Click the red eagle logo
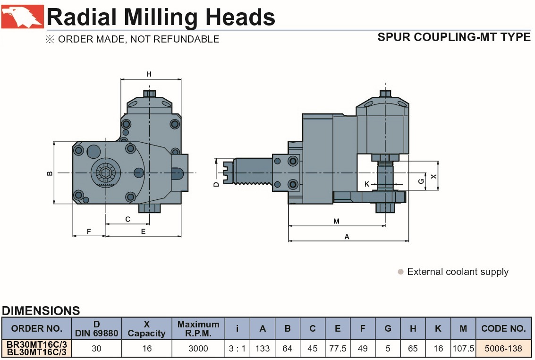(23, 17)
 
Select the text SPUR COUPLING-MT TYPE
(454, 37)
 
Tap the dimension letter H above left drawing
(149, 74)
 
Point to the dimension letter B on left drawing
(50, 173)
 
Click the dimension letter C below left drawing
(127, 219)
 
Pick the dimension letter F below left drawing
(89, 231)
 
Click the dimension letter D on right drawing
(216, 184)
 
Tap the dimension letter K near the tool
(367, 184)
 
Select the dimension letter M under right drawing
(336, 221)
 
